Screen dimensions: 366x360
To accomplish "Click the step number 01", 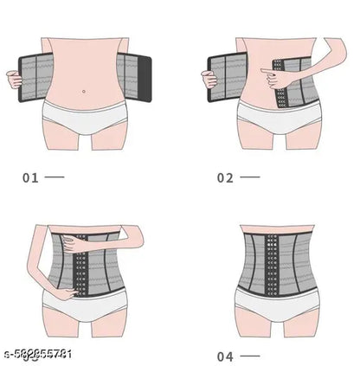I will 30,177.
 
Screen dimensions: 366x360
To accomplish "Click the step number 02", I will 225,177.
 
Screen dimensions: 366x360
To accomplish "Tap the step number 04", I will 225,356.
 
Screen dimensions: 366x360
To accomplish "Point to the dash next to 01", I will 55,177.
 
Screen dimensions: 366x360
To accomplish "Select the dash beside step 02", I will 249,177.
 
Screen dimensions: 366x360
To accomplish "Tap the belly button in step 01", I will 83,91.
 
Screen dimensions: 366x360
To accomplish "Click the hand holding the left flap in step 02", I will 209,80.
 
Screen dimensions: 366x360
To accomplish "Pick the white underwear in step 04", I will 278,307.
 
